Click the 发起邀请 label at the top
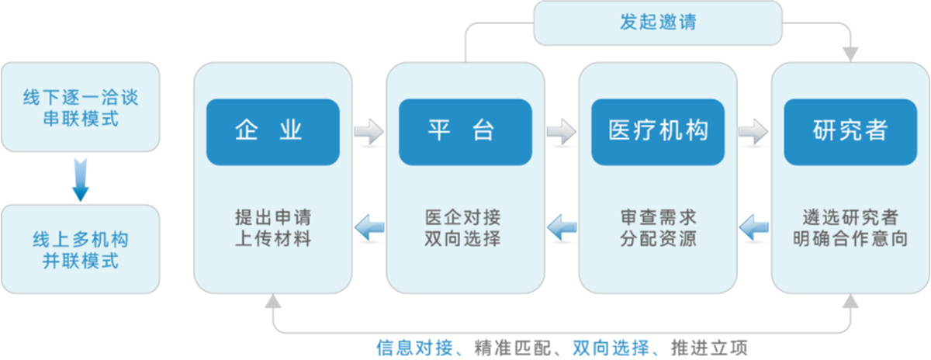click(x=658, y=22)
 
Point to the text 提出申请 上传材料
click(x=272, y=227)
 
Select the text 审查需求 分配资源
click(x=658, y=227)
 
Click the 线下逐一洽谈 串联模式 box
click(x=81, y=107)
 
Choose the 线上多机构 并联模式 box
click(x=81, y=249)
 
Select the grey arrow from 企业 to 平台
click(x=369, y=132)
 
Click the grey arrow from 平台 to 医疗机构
click(x=561, y=132)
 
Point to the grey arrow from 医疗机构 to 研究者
click(x=753, y=132)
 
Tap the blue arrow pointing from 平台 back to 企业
click(x=369, y=227)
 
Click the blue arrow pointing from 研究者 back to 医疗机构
click(x=753, y=227)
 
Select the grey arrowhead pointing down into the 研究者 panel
click(x=851, y=55)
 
